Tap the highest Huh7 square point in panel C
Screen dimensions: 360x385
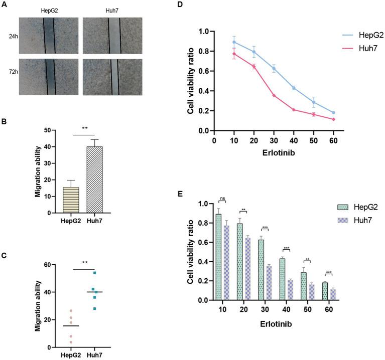point(94,273)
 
